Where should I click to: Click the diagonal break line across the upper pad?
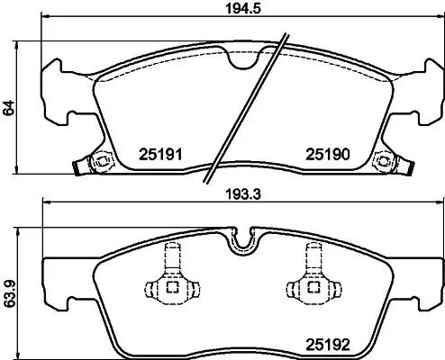[248, 108]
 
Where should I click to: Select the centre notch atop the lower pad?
[243, 239]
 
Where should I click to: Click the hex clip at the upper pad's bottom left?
[100, 163]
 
